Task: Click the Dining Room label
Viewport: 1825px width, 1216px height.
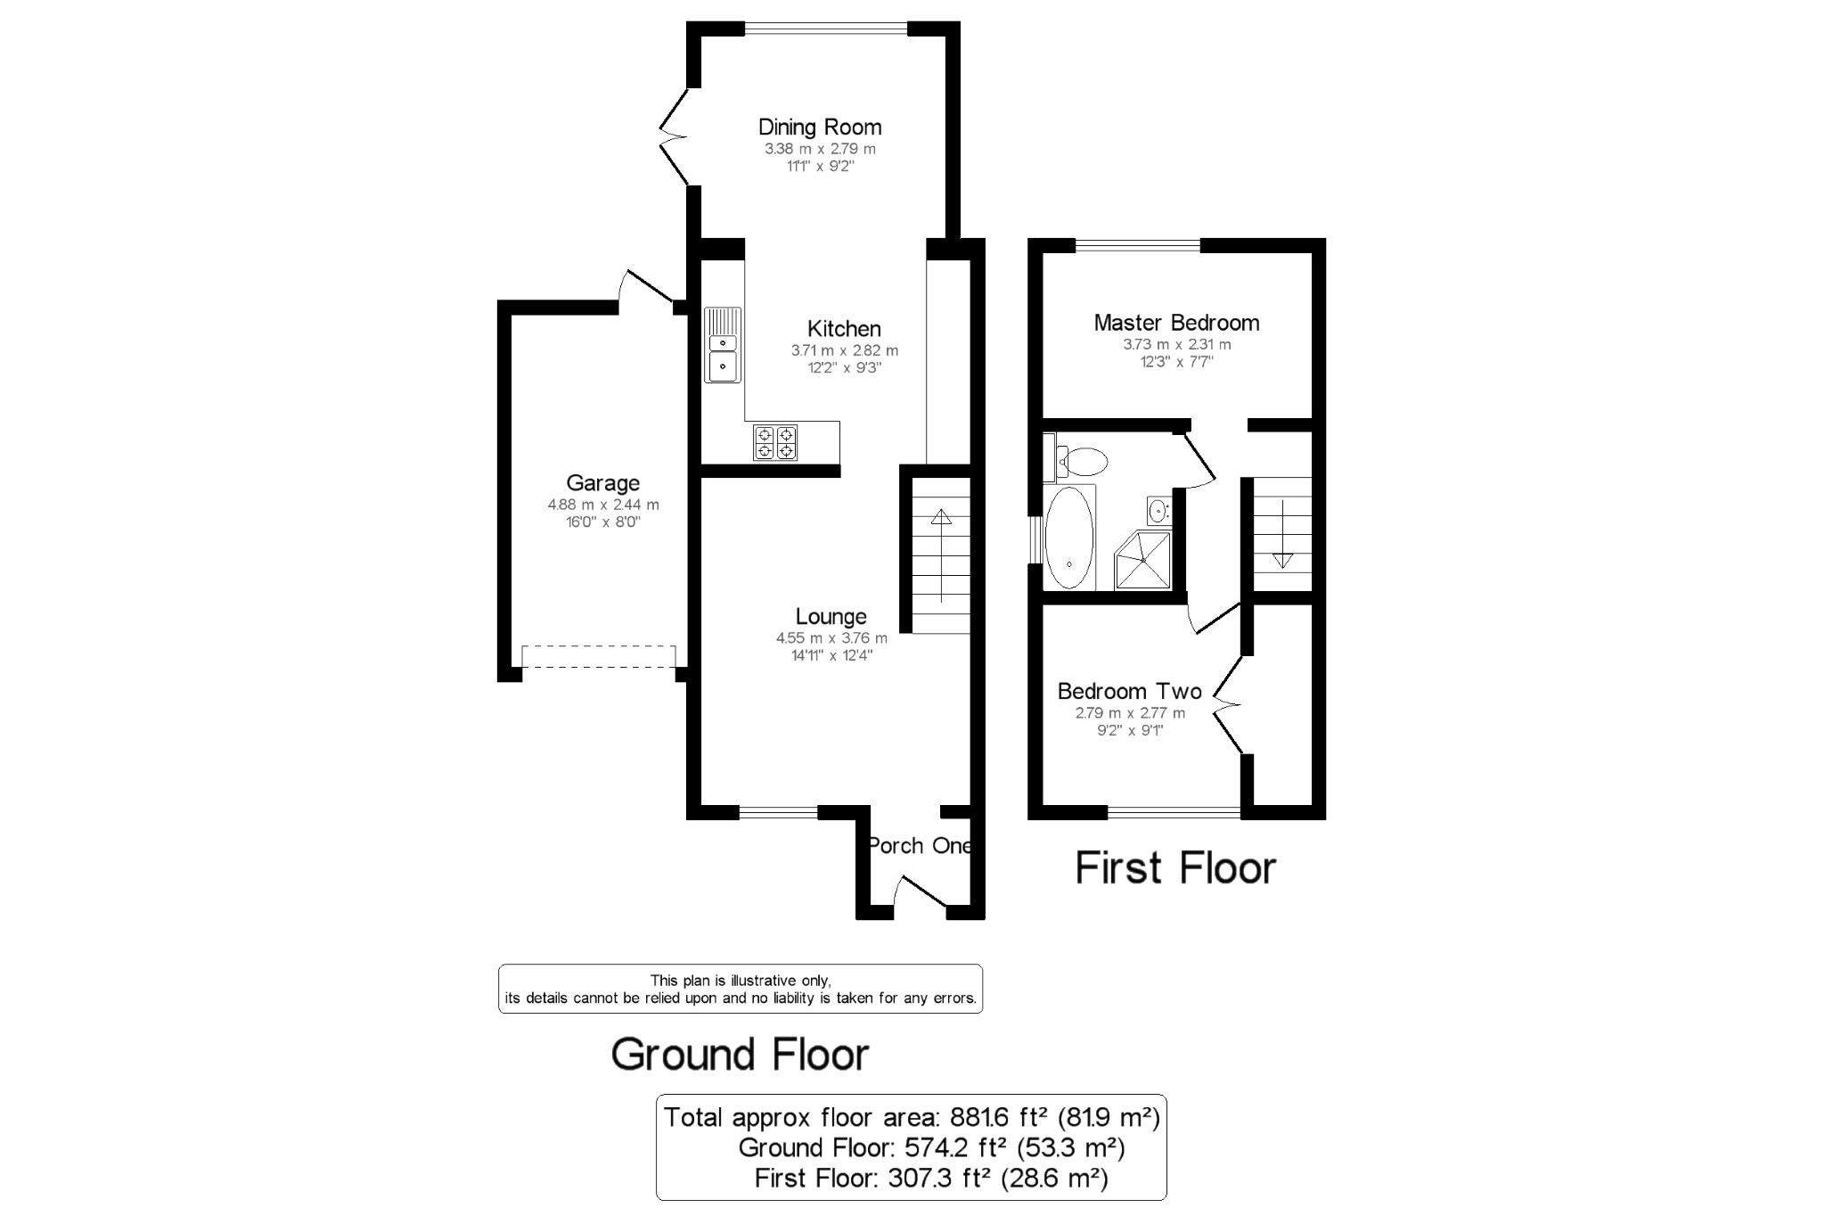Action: pos(820,127)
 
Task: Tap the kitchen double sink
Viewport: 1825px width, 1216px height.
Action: pos(724,344)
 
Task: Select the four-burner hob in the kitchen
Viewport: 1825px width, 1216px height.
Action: pos(775,442)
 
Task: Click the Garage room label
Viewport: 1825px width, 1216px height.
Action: pos(603,483)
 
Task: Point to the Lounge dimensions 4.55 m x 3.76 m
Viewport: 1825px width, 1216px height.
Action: pos(831,638)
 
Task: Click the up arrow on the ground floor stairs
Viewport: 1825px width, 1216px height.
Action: pos(941,557)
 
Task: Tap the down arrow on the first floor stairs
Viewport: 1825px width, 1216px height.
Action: pos(1282,534)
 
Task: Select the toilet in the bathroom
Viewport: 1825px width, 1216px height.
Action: pos(1076,461)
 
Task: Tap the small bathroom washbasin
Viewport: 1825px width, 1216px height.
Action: pos(1158,511)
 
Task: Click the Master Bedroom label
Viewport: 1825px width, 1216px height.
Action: pos(1177,323)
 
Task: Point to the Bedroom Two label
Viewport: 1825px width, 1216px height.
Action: pos(1130,691)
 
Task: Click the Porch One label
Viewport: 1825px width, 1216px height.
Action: pos(919,845)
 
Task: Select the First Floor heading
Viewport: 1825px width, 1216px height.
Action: pos(1176,868)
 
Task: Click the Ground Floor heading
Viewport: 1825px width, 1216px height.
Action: pos(741,1055)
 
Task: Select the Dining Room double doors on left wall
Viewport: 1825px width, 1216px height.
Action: pos(673,136)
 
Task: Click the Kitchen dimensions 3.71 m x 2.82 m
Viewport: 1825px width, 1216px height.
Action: pos(845,350)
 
